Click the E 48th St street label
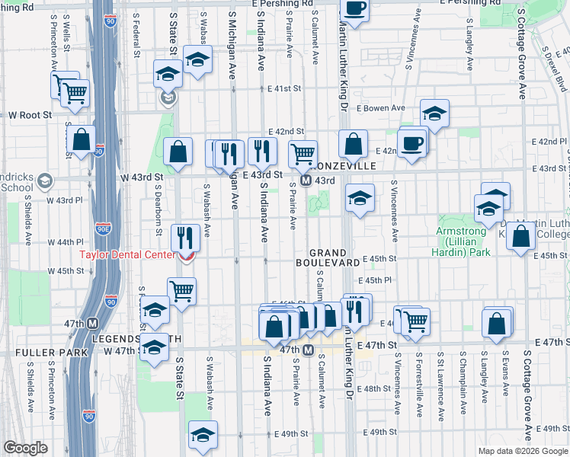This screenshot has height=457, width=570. (377, 388)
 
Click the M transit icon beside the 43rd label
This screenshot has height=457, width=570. (305, 181)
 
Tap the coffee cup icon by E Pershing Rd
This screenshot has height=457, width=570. (354, 9)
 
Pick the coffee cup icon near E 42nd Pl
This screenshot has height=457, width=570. (412, 143)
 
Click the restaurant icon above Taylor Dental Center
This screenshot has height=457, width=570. (185, 237)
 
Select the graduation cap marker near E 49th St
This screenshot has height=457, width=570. (202, 435)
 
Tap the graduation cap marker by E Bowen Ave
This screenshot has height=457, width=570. (434, 113)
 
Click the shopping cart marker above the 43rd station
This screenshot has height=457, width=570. (303, 154)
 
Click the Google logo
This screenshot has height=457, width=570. (25, 449)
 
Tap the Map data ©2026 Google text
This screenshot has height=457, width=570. (524, 451)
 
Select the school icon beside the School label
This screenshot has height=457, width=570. (45, 181)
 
